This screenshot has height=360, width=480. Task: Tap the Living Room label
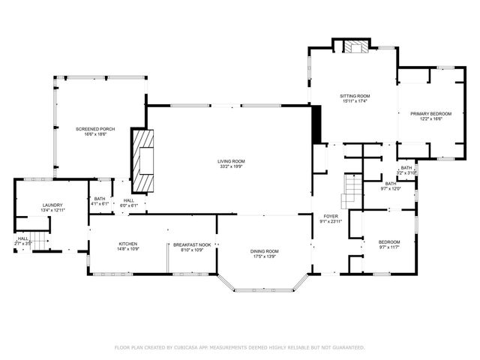click(231, 161)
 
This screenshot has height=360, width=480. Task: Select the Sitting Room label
click(355, 97)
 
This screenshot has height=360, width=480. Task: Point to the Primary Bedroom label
click(426, 113)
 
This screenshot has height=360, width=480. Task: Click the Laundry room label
click(52, 205)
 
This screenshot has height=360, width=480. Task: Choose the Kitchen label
click(127, 244)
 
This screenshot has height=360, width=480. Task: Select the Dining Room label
click(264, 251)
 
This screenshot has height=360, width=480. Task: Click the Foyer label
click(331, 216)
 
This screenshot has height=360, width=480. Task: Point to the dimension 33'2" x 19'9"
click(231, 167)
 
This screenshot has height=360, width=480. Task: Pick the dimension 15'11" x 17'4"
click(355, 103)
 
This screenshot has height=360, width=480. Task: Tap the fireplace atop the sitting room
click(355, 46)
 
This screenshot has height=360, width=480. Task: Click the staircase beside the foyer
click(350, 192)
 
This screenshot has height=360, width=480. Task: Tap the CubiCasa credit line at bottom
click(239, 347)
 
